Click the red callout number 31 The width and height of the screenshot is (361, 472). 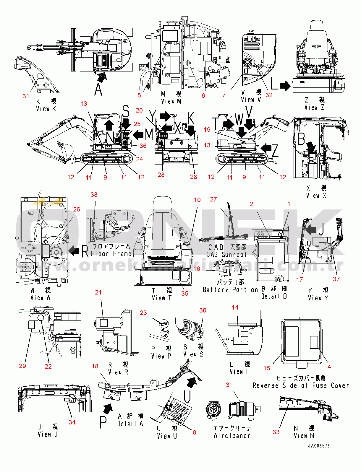[26, 96]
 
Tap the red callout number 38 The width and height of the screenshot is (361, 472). [94, 195]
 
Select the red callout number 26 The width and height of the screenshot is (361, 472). [77, 209]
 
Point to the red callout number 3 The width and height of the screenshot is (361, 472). [227, 385]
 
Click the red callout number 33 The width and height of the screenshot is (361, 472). [276, 432]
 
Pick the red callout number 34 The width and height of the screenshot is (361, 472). [72, 422]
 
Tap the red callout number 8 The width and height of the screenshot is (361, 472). [194, 432]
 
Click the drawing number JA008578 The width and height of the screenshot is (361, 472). [319, 446]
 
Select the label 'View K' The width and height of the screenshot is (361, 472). [46, 109]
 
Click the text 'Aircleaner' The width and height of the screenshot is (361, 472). [232, 436]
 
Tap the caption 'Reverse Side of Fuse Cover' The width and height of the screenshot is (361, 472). [301, 385]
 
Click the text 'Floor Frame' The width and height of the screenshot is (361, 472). [111, 253]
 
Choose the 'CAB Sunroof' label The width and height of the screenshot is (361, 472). [226, 254]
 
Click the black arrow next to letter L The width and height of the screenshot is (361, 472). [285, 86]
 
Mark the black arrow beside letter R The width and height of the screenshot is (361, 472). [74, 251]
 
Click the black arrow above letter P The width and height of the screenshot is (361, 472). [108, 409]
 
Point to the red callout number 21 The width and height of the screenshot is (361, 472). [98, 292]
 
